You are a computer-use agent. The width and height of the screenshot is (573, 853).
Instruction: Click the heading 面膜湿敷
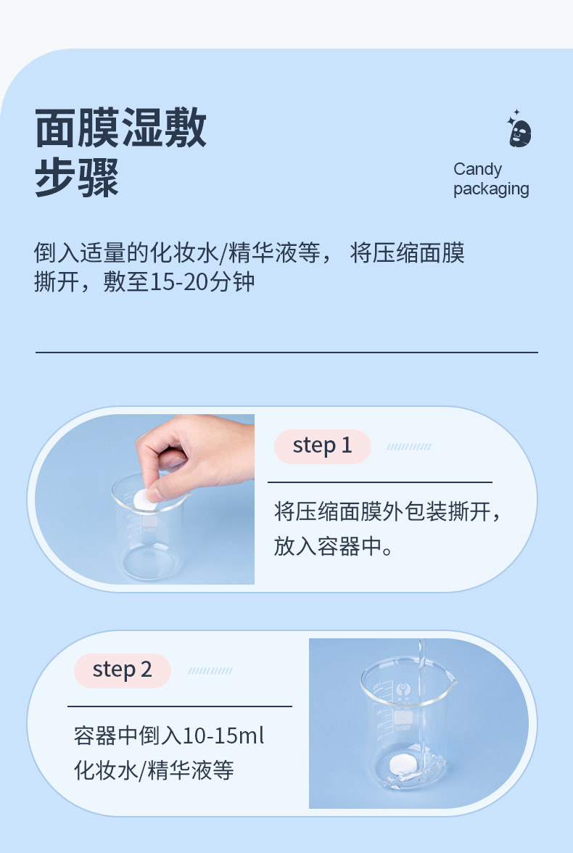(121, 128)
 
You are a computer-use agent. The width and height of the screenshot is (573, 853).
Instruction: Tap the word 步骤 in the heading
(77, 177)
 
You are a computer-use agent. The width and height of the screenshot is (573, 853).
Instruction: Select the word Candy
(477, 170)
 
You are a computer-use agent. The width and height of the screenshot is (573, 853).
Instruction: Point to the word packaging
(491, 189)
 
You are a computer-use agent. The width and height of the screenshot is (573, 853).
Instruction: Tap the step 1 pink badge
(323, 447)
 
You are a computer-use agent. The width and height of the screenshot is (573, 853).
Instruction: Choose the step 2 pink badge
(123, 670)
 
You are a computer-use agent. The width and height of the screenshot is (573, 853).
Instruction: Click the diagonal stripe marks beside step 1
(408, 447)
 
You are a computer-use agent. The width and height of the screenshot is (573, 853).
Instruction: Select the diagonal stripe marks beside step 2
(210, 671)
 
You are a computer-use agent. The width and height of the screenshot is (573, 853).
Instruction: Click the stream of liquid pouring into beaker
(420, 702)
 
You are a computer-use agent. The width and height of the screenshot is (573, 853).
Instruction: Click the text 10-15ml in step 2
(223, 736)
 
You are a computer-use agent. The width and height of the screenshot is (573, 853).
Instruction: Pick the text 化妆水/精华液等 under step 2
(154, 770)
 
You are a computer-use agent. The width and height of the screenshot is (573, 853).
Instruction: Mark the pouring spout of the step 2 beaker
(452, 678)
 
